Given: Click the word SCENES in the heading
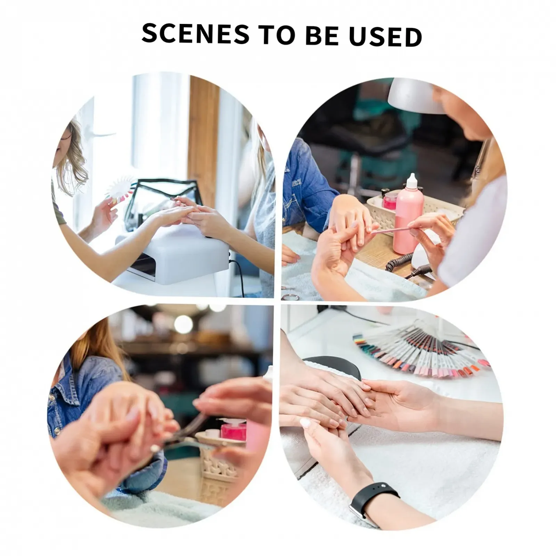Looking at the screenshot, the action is tap(196, 34).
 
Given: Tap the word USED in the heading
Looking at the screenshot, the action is tap(385, 36).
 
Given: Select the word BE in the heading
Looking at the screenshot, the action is tap(321, 35).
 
